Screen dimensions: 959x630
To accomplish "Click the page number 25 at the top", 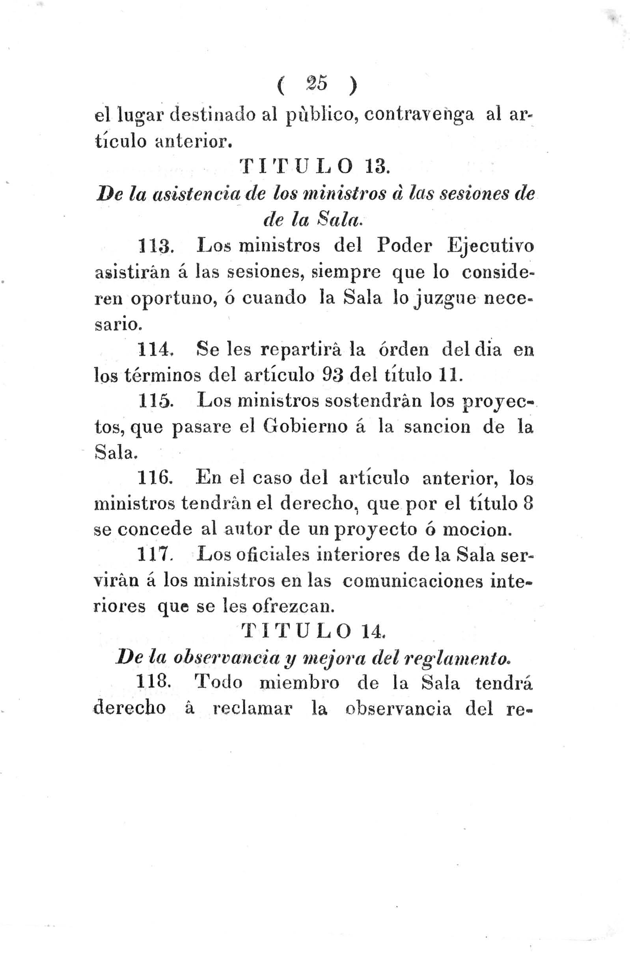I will point(317,85).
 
